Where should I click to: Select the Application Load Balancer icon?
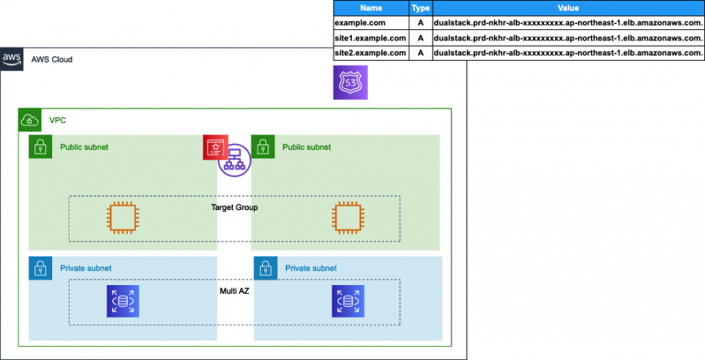coord(234,160)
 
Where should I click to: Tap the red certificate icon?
coord(215,148)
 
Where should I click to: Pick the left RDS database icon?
coord(122,300)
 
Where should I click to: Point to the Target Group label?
coord(234,208)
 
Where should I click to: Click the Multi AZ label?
coord(234,291)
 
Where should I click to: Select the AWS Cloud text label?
coord(51,60)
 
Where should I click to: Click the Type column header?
coord(420,8)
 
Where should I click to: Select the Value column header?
coord(568,8)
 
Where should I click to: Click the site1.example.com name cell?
coord(370,38)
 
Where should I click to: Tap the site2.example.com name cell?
coord(370,53)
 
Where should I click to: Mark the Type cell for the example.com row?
coord(420,24)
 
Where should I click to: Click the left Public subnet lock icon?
coord(39,147)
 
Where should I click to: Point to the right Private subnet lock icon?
coord(264,268)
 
